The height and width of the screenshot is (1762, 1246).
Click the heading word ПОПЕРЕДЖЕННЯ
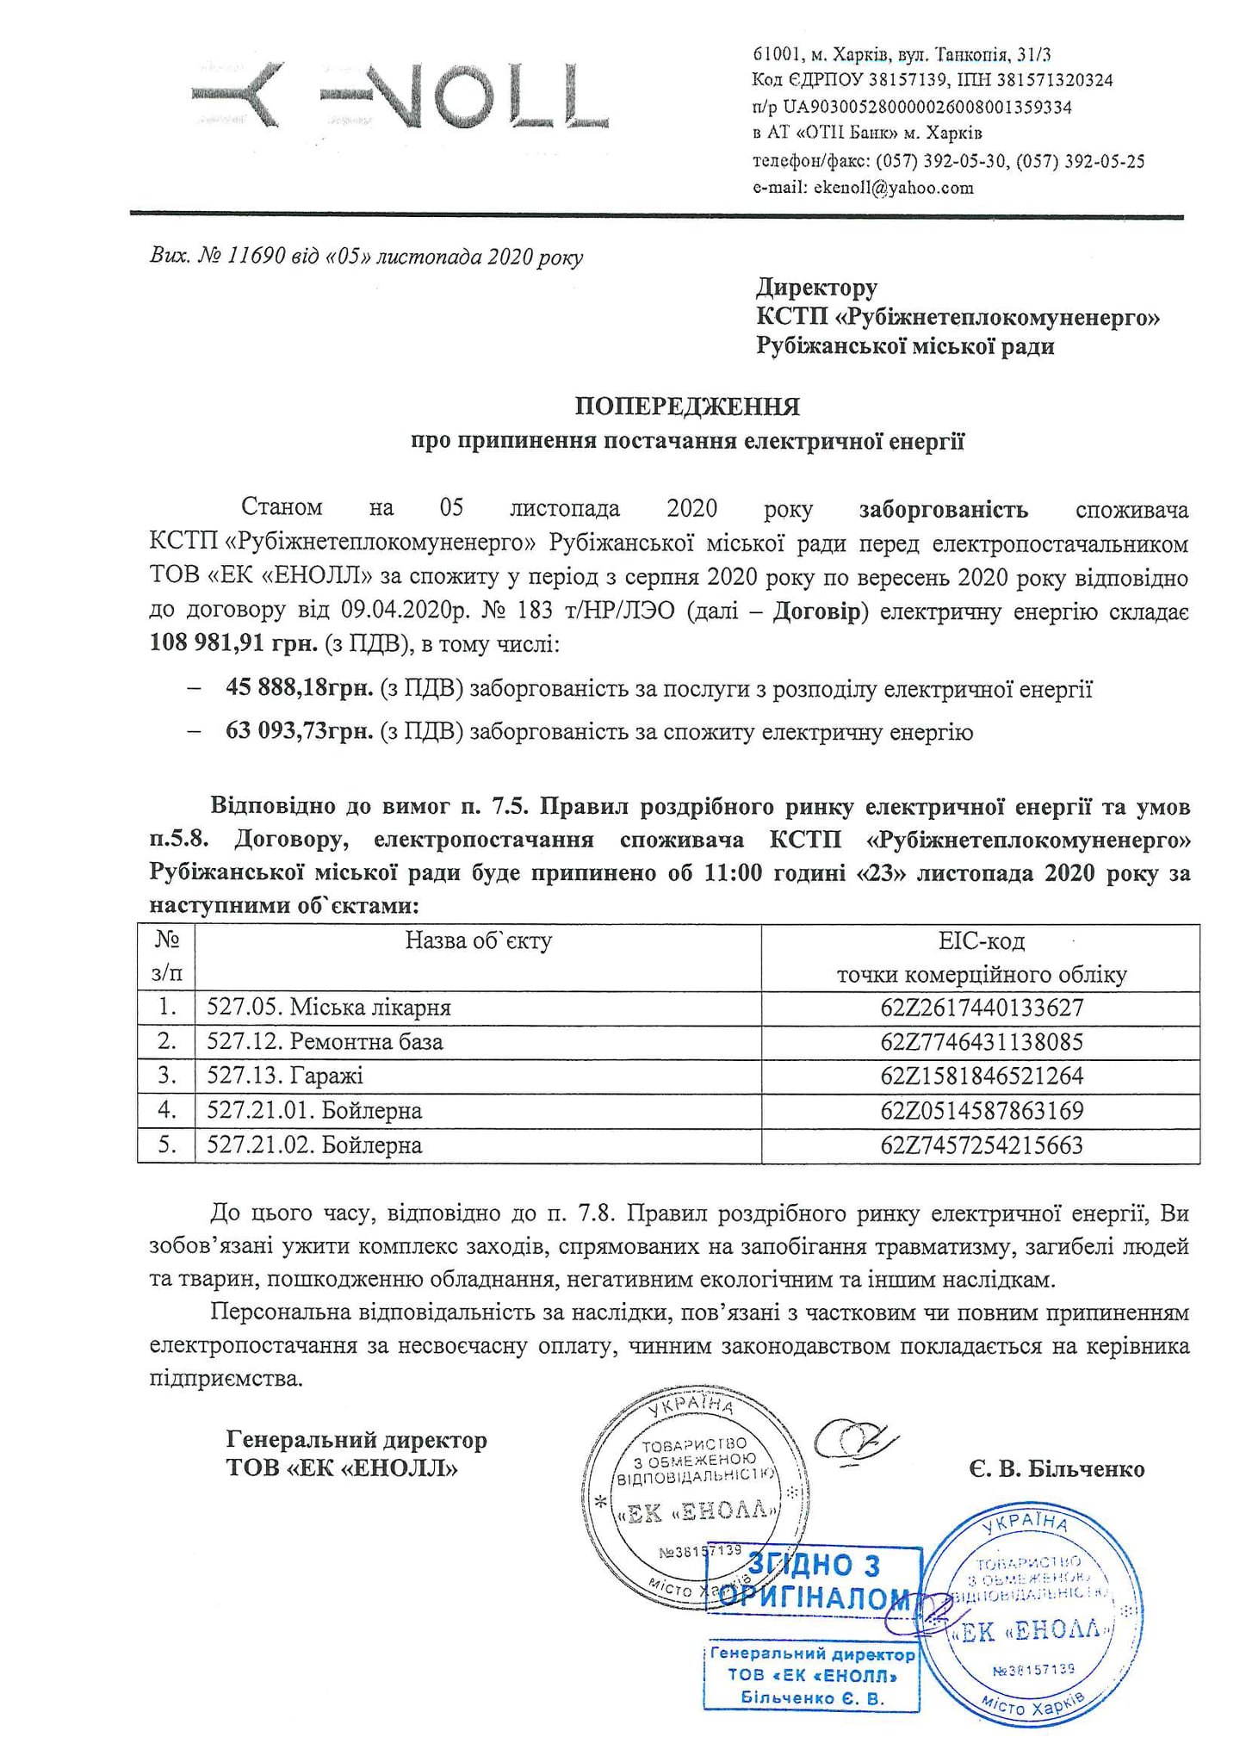pos(687,406)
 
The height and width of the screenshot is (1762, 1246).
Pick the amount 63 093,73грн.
pos(299,732)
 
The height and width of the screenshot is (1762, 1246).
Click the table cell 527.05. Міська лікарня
pos(329,1008)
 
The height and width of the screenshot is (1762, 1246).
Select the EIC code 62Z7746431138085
pos(981,1042)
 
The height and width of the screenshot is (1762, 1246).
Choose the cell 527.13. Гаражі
pos(285,1076)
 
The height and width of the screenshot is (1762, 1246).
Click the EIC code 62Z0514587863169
pos(981,1111)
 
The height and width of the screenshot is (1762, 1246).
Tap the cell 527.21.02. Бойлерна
pos(314,1145)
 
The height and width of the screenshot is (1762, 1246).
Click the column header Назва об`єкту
pos(478,940)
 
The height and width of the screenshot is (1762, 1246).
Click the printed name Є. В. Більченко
pos(1056,1468)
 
